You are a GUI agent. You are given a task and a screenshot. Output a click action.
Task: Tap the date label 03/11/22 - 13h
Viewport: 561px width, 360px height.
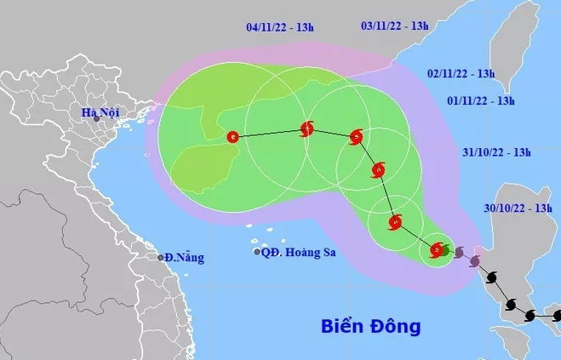click(394, 26)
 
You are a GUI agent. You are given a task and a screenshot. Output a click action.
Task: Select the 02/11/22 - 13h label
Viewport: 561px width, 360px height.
click(461, 73)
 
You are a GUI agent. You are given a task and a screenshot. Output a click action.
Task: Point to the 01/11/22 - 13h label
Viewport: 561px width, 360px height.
click(481, 101)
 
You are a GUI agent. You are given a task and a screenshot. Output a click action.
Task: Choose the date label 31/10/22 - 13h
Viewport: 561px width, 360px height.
click(496, 153)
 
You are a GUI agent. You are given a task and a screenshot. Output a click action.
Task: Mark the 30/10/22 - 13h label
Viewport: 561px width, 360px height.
click(517, 208)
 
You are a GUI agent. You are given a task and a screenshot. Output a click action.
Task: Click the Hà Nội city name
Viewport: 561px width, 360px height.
click(98, 111)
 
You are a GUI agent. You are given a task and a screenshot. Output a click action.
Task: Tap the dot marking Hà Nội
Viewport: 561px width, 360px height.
click(96, 120)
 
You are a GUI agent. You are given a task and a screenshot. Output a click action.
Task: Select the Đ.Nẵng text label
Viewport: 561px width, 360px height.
click(185, 257)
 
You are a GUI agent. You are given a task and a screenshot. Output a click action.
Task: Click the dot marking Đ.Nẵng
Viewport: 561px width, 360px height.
click(160, 257)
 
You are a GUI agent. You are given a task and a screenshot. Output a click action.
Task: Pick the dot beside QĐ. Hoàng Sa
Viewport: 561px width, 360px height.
click(257, 252)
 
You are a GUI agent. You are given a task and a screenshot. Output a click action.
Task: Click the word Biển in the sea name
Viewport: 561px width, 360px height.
click(344, 326)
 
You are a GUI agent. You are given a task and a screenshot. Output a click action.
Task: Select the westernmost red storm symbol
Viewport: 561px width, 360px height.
click(233, 137)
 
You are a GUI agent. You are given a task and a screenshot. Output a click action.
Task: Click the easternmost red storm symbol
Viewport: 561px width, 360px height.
click(438, 250)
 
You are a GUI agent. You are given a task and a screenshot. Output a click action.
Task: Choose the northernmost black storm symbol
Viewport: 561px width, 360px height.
click(490, 277)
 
